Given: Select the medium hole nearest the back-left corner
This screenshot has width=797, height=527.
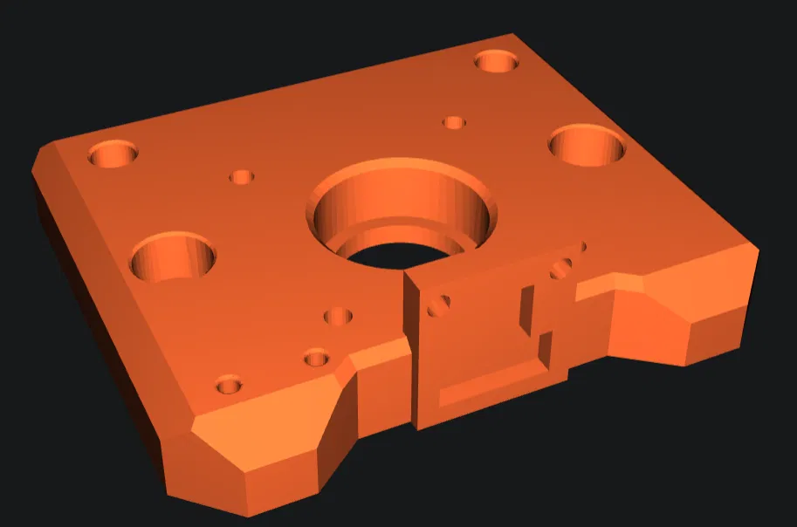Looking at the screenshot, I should pyautogui.click(x=113, y=155).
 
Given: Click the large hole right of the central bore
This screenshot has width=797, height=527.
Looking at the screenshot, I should pyautogui.click(x=587, y=145).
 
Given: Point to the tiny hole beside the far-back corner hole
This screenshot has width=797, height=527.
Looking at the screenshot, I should pyautogui.click(x=454, y=122).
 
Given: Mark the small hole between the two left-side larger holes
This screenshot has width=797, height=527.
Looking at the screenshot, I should pyautogui.click(x=242, y=177).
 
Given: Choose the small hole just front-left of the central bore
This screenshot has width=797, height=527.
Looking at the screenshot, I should pyautogui.click(x=338, y=316).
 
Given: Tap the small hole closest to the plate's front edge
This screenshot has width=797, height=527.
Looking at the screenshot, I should pyautogui.click(x=229, y=384).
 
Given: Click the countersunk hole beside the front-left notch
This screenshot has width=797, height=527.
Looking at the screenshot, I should pyautogui.click(x=316, y=357).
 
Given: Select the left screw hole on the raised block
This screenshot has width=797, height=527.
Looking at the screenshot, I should pyautogui.click(x=439, y=305).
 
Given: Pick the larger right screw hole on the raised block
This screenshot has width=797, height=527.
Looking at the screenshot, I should pyautogui.click(x=560, y=269).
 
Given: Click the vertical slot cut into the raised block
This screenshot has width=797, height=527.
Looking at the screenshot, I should pyautogui.click(x=527, y=309).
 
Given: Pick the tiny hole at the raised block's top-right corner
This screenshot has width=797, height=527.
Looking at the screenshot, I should pyautogui.click(x=579, y=247).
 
